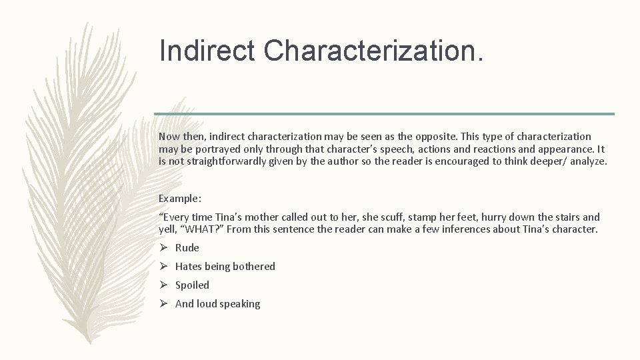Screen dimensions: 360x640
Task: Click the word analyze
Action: click(587, 161)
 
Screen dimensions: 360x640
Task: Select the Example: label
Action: click(180, 199)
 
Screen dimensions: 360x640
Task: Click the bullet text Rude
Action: click(187, 248)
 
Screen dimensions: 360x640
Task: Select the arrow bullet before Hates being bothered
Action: click(163, 267)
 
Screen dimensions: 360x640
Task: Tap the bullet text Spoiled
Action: click(192, 285)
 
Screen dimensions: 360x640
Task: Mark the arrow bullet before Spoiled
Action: click(163, 285)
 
